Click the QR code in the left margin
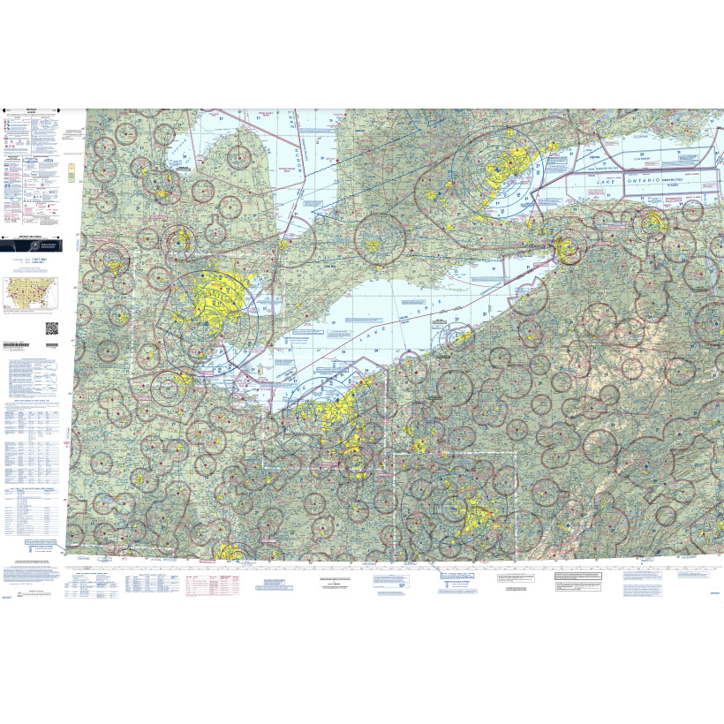tap(51, 327)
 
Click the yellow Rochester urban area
tap(652, 221)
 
